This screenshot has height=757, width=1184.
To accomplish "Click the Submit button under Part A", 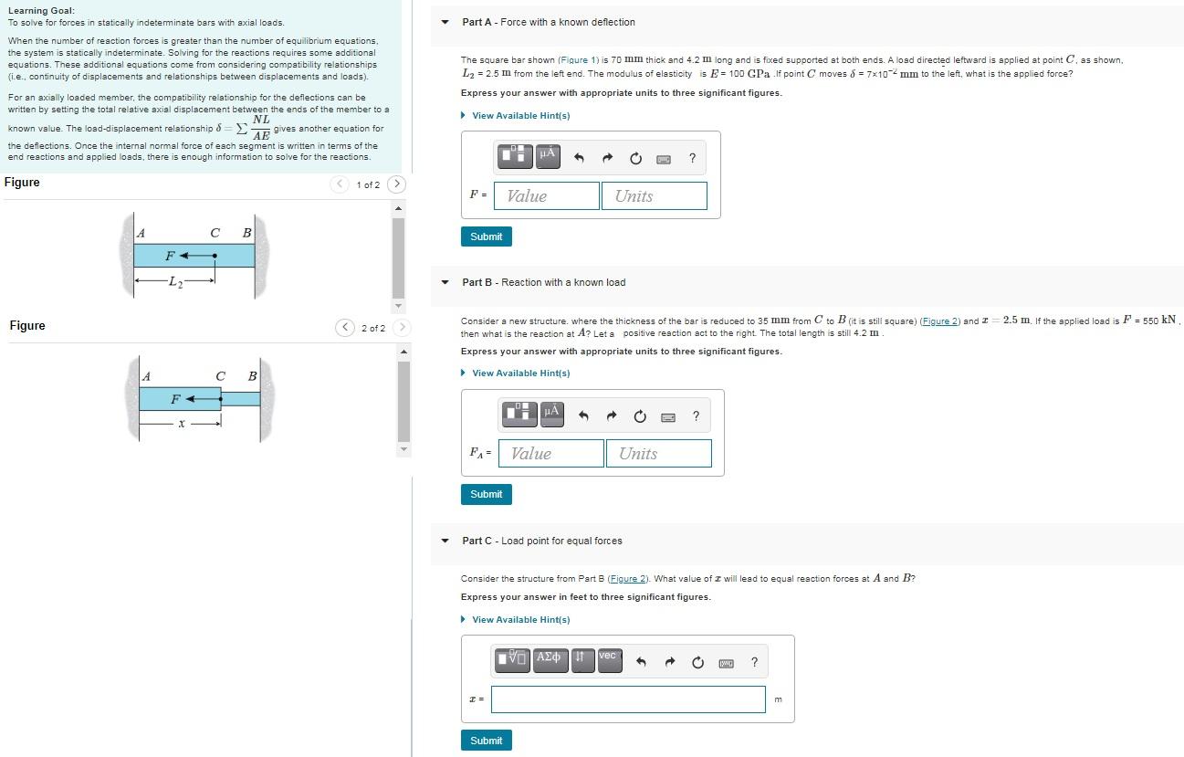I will click(x=486, y=237).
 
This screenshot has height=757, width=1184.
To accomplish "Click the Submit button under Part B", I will click(x=486, y=494).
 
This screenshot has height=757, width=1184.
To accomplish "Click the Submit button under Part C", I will click(x=486, y=741).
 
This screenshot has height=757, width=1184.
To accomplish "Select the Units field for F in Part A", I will click(x=654, y=196).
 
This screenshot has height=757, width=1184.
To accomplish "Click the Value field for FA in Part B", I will click(x=550, y=454).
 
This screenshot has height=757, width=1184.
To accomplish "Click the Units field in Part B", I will click(x=658, y=454).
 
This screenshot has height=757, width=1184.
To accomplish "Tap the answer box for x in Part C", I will click(x=628, y=699).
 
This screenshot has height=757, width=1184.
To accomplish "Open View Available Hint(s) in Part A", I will click(x=520, y=116).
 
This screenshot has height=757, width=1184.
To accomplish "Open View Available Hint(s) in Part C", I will click(x=520, y=620).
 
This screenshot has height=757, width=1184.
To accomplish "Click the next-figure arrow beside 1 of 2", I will click(x=396, y=184).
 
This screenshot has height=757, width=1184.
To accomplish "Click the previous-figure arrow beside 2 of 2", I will click(x=344, y=328).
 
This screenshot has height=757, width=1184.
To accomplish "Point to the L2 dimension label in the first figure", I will click(x=175, y=281).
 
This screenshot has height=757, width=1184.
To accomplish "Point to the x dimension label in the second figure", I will click(x=182, y=424).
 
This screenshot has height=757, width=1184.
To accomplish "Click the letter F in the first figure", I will click(x=171, y=256).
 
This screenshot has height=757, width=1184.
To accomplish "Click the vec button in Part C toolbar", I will click(x=609, y=659).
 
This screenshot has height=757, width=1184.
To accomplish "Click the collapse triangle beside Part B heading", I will click(x=445, y=282).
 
